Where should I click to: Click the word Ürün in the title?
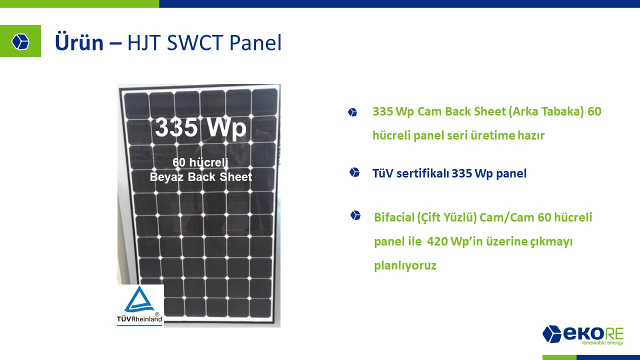pyautogui.click(x=79, y=42)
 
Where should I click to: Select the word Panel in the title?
pyautogui.click(x=255, y=42)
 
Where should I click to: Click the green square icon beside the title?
pyautogui.click(x=20, y=41)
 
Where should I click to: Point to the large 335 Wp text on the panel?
pyautogui.click(x=200, y=127)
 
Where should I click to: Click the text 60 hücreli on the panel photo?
pyautogui.click(x=200, y=162)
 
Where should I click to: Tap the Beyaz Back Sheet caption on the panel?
pyautogui.click(x=201, y=177)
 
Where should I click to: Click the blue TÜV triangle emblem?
pyautogui.click(x=139, y=299)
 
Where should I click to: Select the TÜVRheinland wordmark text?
pyautogui.click(x=139, y=319)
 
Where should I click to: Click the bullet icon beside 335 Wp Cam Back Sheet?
pyautogui.click(x=352, y=112)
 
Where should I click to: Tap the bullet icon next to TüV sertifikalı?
pyautogui.click(x=354, y=172)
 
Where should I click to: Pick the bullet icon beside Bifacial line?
pyautogui.click(x=355, y=215)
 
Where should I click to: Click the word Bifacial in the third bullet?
pyautogui.click(x=394, y=217)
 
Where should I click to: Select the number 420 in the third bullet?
pyautogui.click(x=437, y=241)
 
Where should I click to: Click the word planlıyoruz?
pyautogui.click(x=405, y=266)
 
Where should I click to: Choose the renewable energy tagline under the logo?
pyautogui.click(x=602, y=342)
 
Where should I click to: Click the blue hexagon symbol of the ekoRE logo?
pyautogui.click(x=551, y=333)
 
